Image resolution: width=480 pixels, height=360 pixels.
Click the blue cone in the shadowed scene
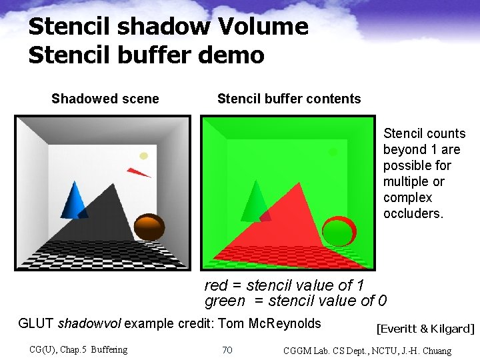tap(75, 201)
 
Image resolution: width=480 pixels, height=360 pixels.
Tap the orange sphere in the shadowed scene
tap(149, 227)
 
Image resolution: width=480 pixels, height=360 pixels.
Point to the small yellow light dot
tap(143, 156)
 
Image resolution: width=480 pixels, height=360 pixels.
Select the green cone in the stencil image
tap(253, 202)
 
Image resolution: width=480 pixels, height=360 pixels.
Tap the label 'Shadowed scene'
tap(105, 99)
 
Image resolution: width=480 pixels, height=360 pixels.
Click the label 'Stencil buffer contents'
tap(289, 99)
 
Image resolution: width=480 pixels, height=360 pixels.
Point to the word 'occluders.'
tap(413, 214)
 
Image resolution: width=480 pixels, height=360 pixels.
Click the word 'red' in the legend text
tap(216, 285)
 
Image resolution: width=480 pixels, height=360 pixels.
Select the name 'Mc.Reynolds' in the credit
tap(285, 324)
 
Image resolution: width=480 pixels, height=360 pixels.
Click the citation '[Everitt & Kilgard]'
tap(425, 329)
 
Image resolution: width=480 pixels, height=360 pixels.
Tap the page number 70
tap(227, 350)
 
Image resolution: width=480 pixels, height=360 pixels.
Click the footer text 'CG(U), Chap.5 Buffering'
tap(79, 349)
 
